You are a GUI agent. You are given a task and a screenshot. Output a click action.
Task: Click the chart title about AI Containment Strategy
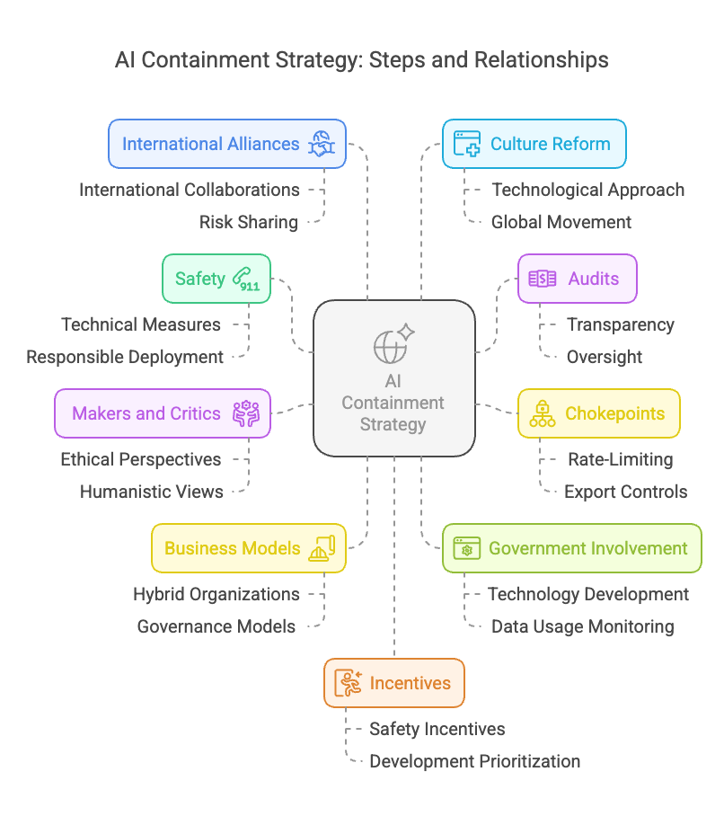point(361,60)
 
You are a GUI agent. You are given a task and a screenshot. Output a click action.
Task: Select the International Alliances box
point(226,144)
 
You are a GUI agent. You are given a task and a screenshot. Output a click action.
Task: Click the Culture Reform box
point(534,144)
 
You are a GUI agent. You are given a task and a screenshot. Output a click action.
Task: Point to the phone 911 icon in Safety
point(244,279)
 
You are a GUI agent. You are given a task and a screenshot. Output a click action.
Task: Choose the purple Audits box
point(577,279)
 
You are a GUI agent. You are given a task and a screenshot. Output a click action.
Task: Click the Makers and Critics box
point(162,413)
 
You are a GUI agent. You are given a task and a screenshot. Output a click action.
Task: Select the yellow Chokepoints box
point(598,413)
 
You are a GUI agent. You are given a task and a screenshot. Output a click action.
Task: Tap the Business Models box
point(248,548)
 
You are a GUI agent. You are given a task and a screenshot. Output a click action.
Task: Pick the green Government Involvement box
point(571,548)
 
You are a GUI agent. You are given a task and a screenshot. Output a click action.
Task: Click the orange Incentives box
point(393,683)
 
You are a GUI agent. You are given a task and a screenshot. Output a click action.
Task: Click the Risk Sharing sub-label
point(249,222)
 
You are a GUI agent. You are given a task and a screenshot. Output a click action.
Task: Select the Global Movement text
point(561,222)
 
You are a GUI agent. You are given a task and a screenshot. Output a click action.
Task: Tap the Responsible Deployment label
point(125,357)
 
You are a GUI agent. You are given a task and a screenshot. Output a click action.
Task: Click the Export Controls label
point(626,492)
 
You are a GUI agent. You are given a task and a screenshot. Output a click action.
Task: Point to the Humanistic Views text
point(152,492)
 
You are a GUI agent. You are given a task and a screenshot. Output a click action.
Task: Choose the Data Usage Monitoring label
point(583,626)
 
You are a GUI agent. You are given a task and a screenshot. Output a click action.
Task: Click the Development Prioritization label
point(475,761)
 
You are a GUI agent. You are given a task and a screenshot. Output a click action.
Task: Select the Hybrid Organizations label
point(216,594)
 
